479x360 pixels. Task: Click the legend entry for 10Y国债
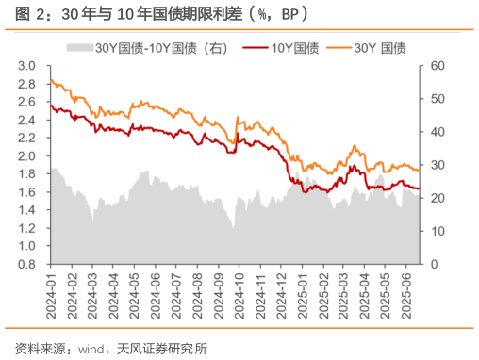[282, 47]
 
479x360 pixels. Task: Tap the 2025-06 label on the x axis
[405, 293]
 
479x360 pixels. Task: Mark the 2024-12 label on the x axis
[282, 293]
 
